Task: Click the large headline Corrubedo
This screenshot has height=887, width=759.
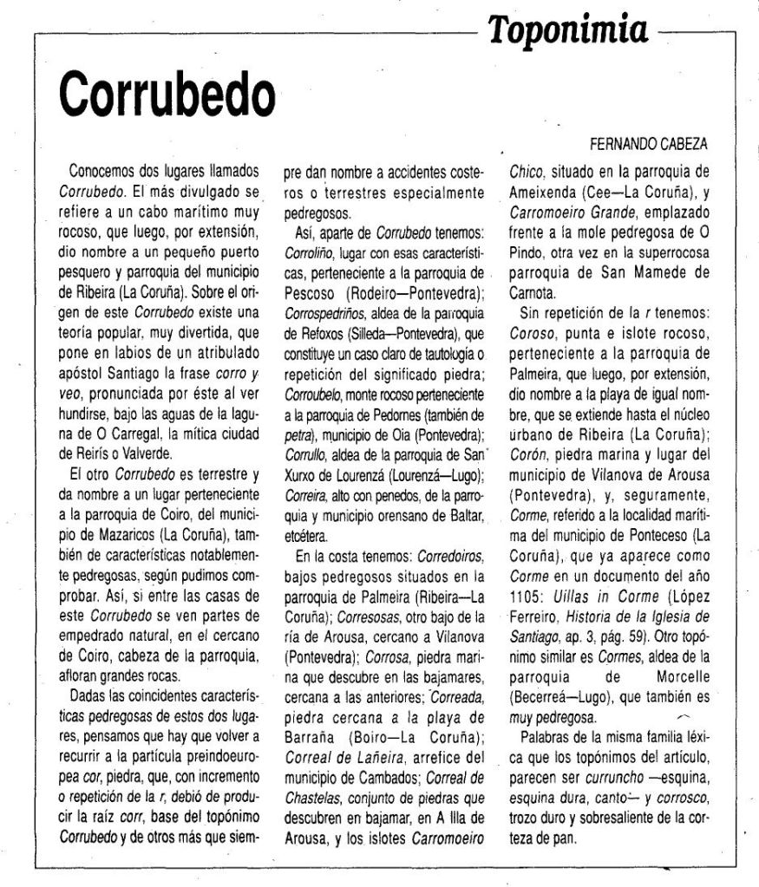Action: pyautogui.click(x=162, y=87)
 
